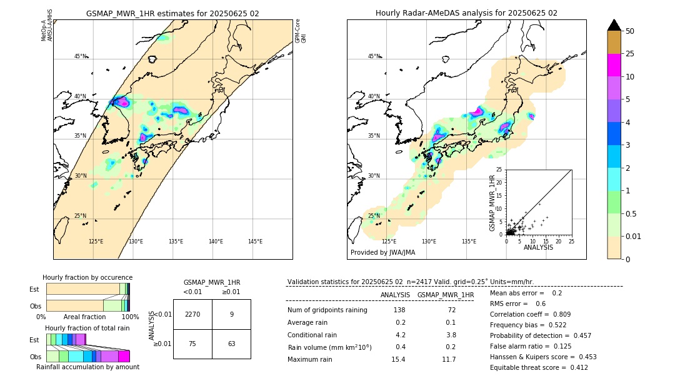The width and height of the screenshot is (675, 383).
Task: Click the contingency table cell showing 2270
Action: point(192,314)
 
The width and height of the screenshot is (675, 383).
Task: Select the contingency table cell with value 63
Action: point(231,344)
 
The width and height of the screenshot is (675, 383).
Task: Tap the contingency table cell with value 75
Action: point(192,344)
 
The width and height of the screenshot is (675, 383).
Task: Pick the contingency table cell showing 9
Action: point(231,314)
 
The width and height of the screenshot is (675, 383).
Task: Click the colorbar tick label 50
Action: point(630,31)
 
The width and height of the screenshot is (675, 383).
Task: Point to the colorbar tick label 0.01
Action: point(634,236)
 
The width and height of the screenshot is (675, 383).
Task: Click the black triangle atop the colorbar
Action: point(614,25)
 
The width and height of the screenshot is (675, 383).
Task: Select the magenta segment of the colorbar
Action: point(614,65)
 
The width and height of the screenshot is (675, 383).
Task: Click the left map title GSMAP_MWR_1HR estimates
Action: point(172,13)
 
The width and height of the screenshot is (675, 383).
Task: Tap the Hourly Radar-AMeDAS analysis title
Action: point(466,13)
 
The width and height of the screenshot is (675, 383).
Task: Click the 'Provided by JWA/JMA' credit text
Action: point(382,253)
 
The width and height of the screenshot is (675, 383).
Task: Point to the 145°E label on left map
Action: point(255,242)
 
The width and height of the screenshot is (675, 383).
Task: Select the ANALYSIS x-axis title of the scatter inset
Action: point(538,247)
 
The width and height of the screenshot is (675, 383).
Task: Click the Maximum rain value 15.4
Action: point(398,359)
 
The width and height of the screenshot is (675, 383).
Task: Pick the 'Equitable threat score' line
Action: point(539,367)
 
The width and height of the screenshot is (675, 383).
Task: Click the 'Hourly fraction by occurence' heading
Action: point(87,277)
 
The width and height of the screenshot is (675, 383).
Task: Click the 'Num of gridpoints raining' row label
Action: point(327,310)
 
